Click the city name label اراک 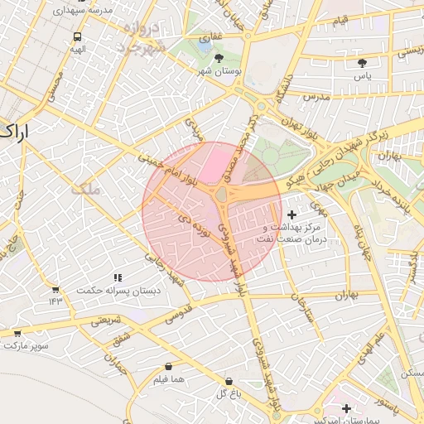coord(14,131)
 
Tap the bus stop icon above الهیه coord(77,36)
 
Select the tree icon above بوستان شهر coord(219,58)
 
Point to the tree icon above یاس coord(362,62)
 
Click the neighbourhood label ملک coord(85,189)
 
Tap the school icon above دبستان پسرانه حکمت coord(117,277)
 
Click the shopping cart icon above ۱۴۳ coord(55,290)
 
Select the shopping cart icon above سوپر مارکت coord(17,333)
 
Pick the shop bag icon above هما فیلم coord(169,366)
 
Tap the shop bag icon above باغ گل coord(228,382)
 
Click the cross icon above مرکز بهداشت coord(291,214)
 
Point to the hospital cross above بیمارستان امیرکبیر coord(346,408)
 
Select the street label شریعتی coord(105,320)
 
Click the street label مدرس coord(316,97)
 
